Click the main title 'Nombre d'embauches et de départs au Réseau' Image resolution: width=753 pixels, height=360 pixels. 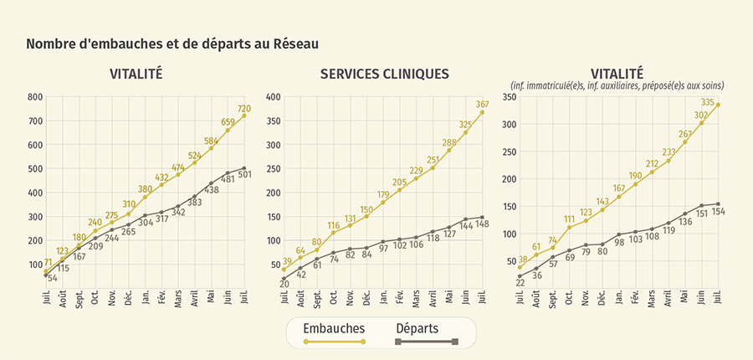pos(172,43)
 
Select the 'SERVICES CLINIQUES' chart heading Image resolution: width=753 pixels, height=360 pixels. pos(384,74)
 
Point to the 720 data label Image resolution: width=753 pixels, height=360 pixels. pos(243,109)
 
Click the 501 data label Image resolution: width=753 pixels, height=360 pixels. pos(244,175)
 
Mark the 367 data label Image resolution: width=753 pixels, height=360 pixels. pos(482,105)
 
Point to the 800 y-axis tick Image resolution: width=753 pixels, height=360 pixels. pos(34,97)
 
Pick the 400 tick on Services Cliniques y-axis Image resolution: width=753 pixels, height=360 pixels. pos(273,97)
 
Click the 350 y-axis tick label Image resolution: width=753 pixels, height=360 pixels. pos(510,97)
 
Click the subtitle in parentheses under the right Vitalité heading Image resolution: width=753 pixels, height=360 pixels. pos(617,85)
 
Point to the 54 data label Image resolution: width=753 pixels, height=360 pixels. pos(51,278)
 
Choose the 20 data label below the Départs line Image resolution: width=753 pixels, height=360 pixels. pos(284,285)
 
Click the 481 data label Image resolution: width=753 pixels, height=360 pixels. pos(228,180)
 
